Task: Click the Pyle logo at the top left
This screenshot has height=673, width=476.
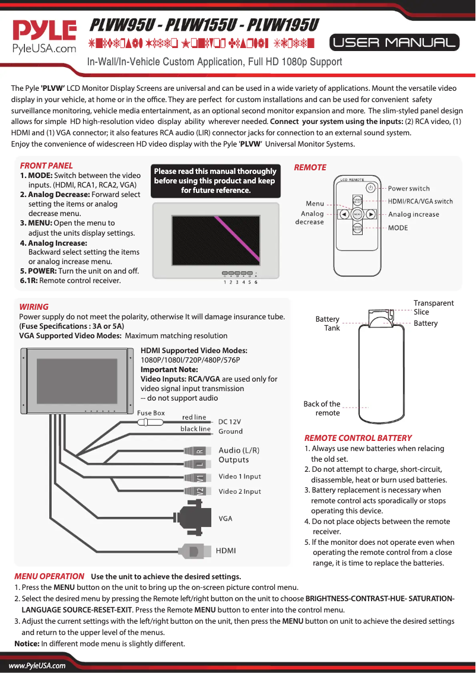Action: tap(45, 36)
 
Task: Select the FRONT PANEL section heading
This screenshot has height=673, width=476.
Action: tap(46, 166)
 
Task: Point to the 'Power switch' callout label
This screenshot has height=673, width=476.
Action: tap(409, 189)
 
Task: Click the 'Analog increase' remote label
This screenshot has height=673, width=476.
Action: tap(414, 214)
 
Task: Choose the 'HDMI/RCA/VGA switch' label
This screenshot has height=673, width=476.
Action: tap(420, 201)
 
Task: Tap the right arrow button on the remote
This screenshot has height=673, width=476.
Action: tap(370, 214)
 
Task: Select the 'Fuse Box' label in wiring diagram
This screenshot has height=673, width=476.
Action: tap(151, 413)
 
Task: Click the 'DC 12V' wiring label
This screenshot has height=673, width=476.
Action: tap(230, 421)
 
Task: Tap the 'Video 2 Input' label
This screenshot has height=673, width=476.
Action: tap(240, 491)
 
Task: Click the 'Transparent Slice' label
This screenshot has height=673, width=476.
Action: tap(433, 307)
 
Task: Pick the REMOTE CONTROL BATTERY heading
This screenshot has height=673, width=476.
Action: tap(358, 438)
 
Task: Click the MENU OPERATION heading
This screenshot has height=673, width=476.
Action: tap(49, 576)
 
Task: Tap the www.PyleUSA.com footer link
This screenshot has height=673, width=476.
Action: tap(37, 665)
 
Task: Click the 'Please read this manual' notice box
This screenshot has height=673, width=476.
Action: tap(215, 180)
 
